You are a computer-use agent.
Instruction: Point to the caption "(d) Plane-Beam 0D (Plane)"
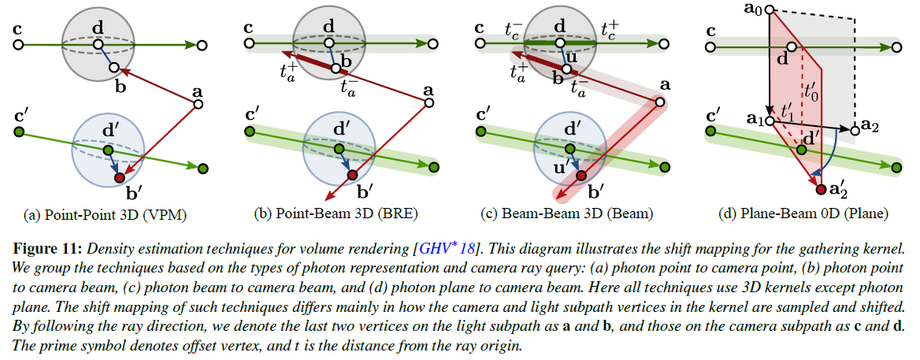pyautogui.click(x=803, y=213)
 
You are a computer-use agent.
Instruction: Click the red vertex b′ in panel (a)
pyautogui.click(x=120, y=179)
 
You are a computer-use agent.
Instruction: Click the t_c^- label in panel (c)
pyautogui.click(x=514, y=31)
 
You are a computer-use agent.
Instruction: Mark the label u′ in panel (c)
pyautogui.click(x=562, y=167)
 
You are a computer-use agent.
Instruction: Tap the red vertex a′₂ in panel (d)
pyautogui.click(x=822, y=189)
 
